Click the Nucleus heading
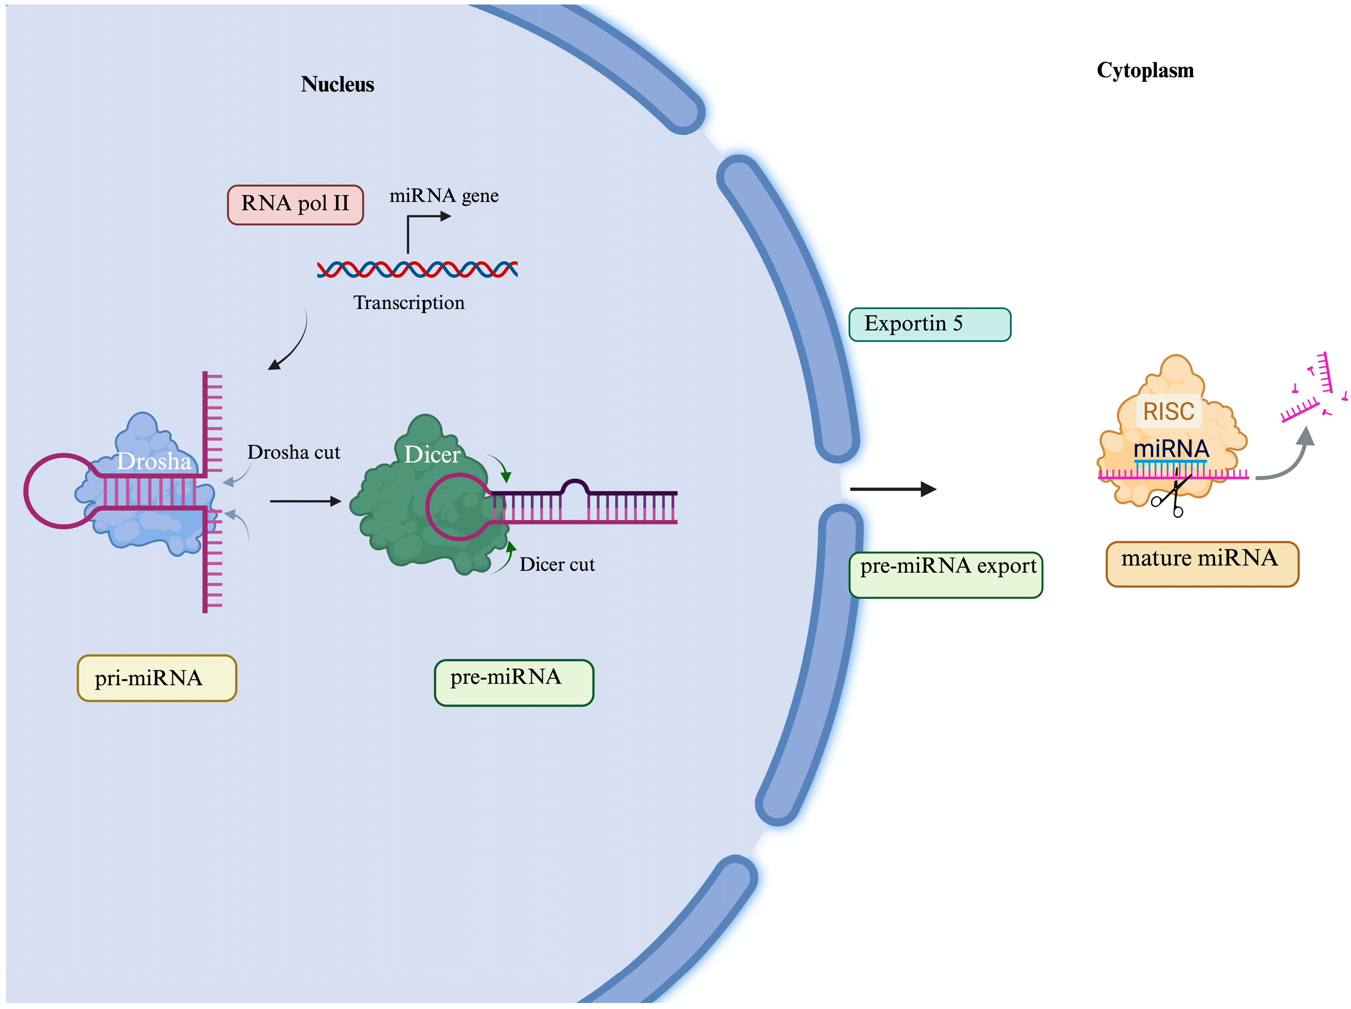point(337,84)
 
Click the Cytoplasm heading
point(1145,70)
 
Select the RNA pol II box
point(295,204)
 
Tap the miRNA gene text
point(443,195)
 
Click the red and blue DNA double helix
point(417,269)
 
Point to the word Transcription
point(408,302)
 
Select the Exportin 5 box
point(929,324)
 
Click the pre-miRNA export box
point(946,574)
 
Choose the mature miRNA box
point(1202,563)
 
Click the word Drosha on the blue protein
point(154,461)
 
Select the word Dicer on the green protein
point(432,454)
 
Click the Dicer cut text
point(556,564)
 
